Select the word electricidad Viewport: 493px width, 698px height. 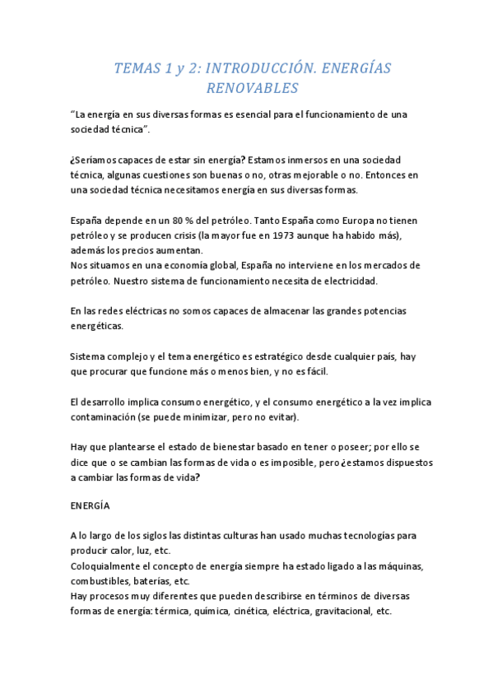(347, 281)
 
